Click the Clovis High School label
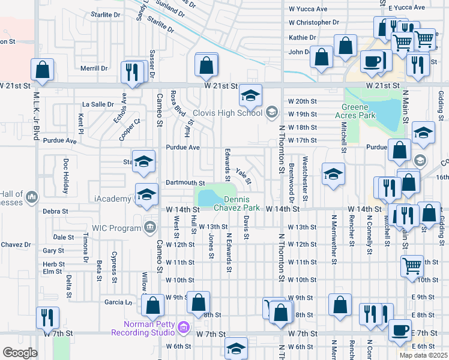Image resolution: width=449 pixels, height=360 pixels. (x=228, y=113)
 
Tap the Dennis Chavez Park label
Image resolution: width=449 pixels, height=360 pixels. (x=242, y=204)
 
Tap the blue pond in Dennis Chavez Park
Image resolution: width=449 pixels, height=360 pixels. (x=209, y=197)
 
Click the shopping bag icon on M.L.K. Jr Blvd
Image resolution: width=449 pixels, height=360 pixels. (x=43, y=70)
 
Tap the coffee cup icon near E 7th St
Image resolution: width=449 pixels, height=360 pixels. (x=400, y=330)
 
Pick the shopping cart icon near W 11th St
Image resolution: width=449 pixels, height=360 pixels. (x=412, y=265)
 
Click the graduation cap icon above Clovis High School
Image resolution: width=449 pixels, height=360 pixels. (x=250, y=95)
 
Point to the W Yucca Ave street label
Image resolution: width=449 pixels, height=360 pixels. (x=308, y=9)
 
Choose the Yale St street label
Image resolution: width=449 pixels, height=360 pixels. (x=243, y=176)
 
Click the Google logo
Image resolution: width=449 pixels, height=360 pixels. (x=20, y=353)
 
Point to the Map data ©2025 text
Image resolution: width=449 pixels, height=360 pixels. (x=423, y=355)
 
